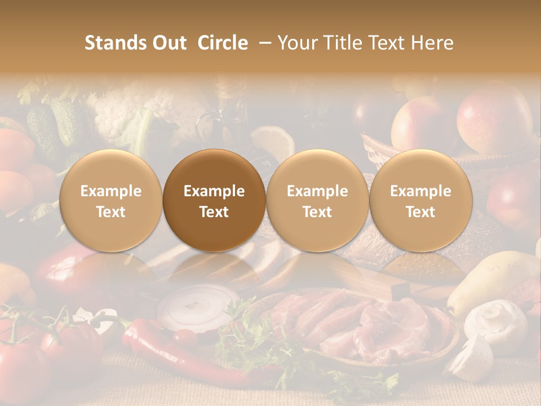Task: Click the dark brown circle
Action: click(x=214, y=201)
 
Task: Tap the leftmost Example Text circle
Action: click(x=111, y=201)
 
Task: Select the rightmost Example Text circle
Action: click(x=420, y=201)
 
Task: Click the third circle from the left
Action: click(x=317, y=201)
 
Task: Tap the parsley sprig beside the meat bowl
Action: click(x=248, y=333)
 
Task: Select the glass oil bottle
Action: click(x=225, y=118)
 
